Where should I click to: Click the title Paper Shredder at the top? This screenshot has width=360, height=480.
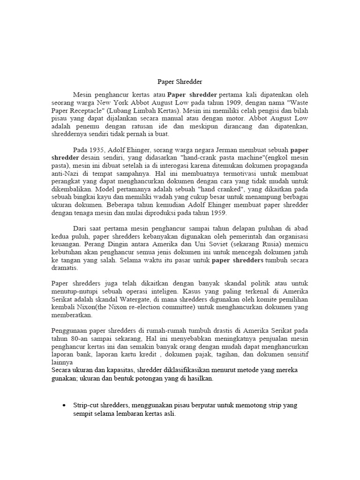tap(179, 82)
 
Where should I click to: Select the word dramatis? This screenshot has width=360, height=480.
tap(65, 269)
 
